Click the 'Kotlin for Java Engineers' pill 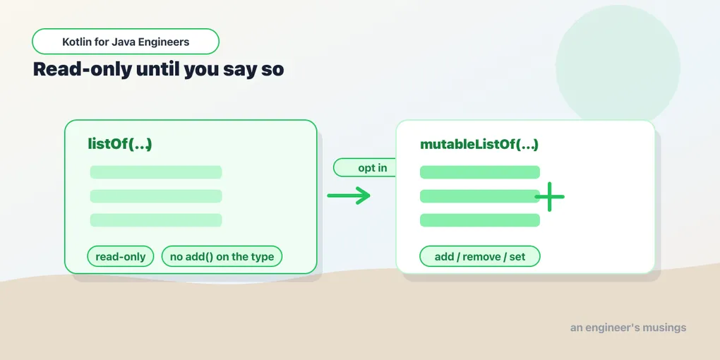tap(126, 42)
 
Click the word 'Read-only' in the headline tap(82, 70)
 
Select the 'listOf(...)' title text tap(119, 144)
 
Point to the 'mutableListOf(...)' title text tap(479, 145)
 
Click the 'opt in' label tap(373, 167)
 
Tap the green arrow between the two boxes tap(349, 196)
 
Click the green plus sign tap(549, 196)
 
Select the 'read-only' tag tap(120, 257)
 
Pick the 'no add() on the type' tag tap(222, 257)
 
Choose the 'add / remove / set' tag tap(480, 257)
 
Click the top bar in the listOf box tap(156, 172)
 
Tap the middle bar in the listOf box tap(156, 196)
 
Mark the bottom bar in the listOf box tap(156, 220)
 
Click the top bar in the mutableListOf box tap(480, 172)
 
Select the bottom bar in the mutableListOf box tap(480, 220)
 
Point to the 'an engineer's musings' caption tap(628, 328)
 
